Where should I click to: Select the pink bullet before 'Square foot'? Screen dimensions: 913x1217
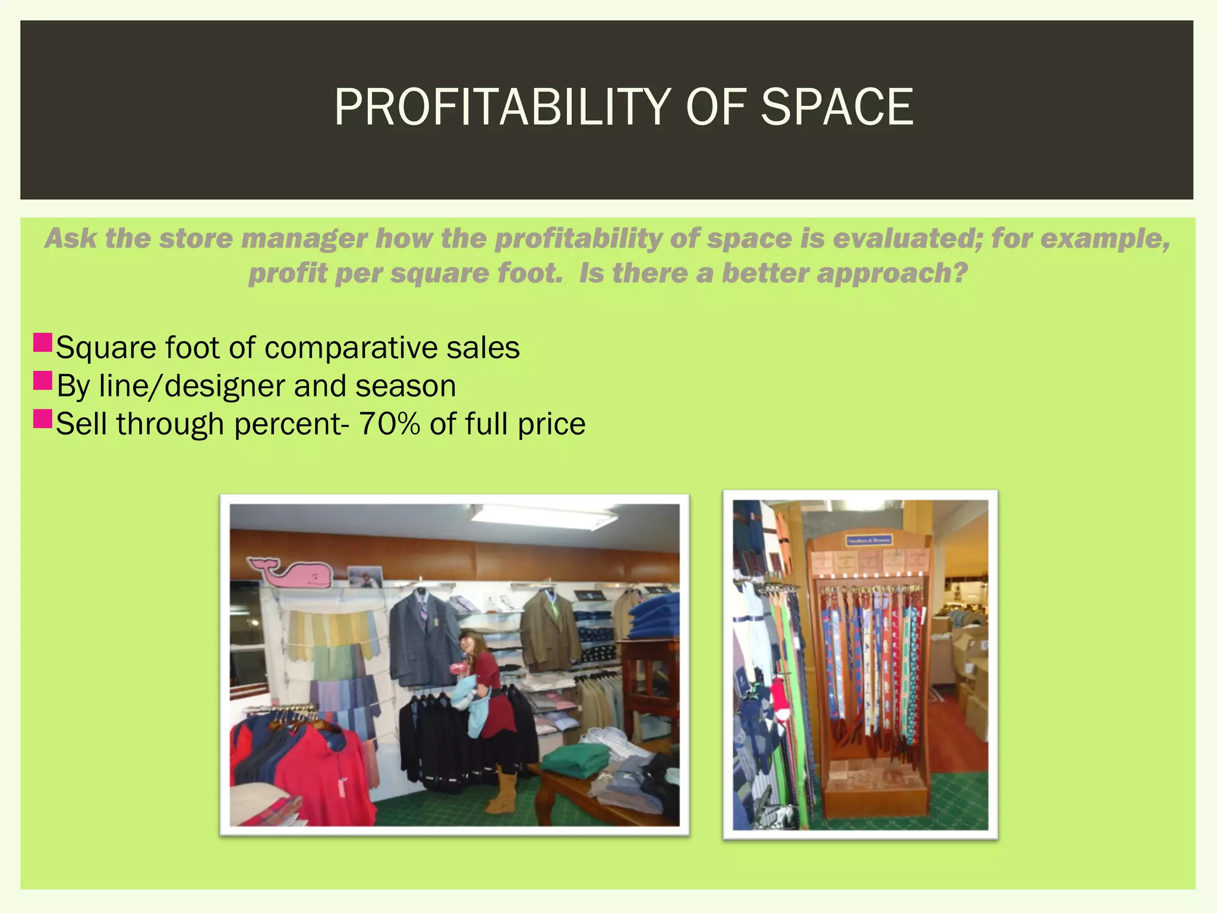43,342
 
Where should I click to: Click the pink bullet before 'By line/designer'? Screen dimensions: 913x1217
43,380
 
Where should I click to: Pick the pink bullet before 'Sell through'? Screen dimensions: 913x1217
43,418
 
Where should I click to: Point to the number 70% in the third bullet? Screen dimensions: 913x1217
389,424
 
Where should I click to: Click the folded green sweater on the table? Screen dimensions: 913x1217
575,761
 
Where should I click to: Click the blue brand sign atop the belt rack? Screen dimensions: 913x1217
868,540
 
